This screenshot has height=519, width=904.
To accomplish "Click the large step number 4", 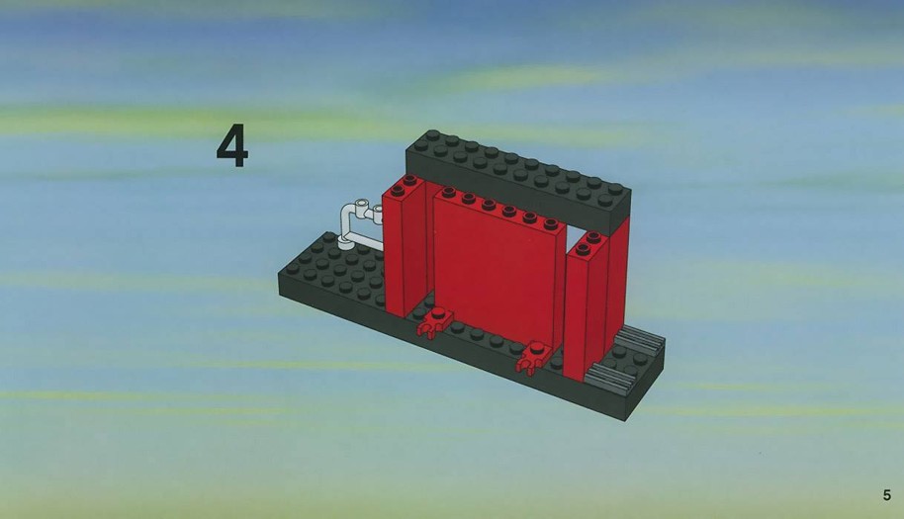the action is point(232,147).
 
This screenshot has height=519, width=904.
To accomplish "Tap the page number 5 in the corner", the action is point(887,495).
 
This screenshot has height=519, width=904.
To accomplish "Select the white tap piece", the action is point(361,225).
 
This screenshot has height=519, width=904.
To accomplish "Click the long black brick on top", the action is point(517,180).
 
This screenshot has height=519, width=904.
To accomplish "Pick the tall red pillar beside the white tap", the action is point(405,245).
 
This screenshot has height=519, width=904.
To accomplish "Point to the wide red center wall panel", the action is point(497,266).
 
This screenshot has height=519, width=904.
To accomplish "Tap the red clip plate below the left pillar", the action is point(435,321).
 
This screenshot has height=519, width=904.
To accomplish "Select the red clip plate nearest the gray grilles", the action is point(534,357).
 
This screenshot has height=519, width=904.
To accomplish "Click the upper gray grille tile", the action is point(641,339).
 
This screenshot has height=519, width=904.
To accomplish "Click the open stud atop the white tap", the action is point(361,204).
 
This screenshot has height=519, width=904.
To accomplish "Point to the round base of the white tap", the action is point(346,244).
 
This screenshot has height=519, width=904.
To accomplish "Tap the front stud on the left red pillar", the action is point(398,191).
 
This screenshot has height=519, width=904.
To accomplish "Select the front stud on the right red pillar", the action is point(583,249).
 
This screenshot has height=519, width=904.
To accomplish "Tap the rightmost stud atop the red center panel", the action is point(551,224).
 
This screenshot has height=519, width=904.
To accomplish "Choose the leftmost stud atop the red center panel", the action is point(448,191).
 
